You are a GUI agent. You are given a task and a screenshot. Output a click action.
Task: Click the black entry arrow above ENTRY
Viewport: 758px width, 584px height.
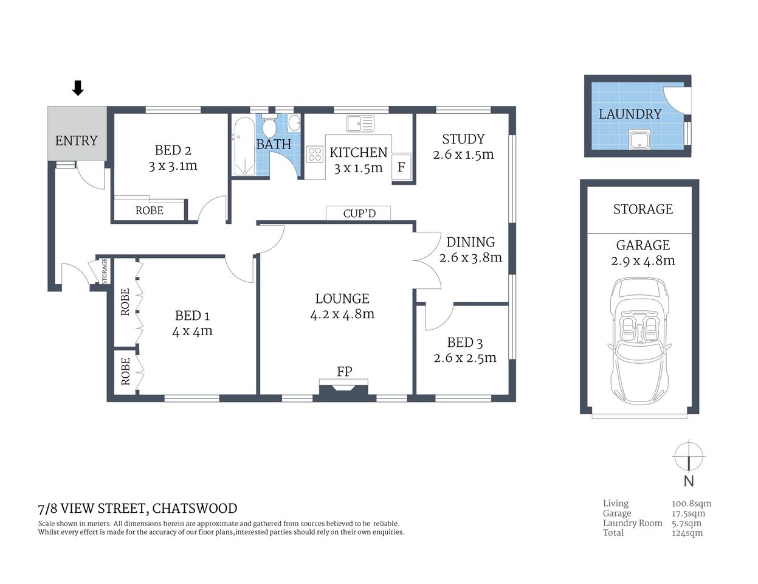77,88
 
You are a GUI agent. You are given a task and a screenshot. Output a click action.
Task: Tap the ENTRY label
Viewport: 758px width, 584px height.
76,141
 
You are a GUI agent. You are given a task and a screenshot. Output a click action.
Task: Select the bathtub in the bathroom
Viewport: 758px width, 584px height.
243,147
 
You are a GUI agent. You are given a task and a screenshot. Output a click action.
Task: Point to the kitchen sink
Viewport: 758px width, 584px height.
360,123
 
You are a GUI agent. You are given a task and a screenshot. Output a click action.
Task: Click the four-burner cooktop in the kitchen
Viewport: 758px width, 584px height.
314,154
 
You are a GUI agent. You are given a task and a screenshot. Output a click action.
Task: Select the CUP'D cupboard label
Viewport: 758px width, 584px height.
359,214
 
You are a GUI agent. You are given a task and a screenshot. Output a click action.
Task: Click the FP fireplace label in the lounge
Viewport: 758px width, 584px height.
344,371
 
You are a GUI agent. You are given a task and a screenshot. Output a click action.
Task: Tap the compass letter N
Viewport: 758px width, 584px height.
689,481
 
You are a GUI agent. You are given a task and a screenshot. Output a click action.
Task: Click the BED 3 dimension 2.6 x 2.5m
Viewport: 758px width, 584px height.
465,358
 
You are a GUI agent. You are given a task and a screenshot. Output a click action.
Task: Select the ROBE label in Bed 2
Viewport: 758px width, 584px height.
149,210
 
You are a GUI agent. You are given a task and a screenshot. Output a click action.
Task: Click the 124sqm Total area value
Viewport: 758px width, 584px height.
687,533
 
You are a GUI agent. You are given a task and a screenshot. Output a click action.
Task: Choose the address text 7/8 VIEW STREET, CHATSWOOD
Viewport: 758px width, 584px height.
137,509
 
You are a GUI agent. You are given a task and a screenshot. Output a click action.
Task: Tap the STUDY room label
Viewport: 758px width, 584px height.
463,139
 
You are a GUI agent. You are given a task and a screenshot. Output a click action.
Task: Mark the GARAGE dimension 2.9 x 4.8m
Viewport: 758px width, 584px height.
643,261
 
